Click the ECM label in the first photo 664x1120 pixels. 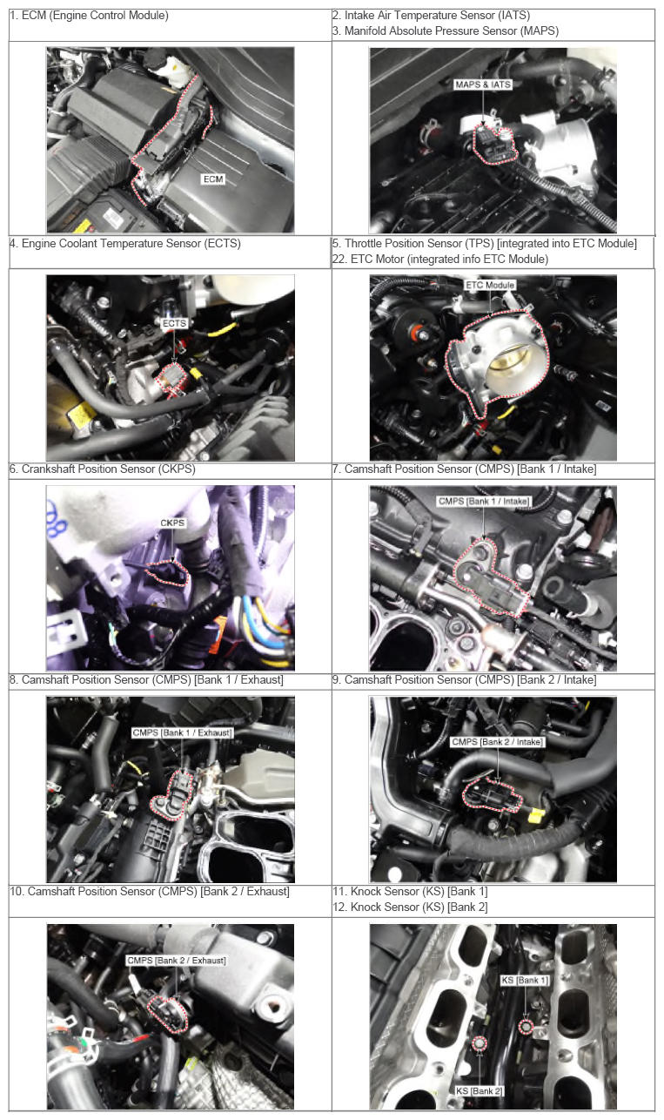pos(213,179)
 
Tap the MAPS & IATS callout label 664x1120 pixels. pos(483,84)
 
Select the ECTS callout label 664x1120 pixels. pos(174,323)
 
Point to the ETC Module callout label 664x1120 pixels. pos(490,285)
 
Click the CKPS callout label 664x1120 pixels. pos(172,523)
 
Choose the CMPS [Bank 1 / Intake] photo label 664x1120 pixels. pos(484,501)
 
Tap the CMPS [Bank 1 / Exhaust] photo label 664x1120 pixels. pos(183,732)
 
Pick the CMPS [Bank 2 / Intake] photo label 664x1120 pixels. pos(497,741)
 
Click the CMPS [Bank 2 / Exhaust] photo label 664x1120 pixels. pos(177,961)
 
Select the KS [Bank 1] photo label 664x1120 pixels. pos(525,981)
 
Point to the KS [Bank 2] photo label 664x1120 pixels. pos(480,1091)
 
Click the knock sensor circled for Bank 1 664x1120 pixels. pos(526,1027)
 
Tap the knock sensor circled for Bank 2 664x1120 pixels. pos(480,1044)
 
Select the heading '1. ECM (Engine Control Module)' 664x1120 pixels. pos(90,16)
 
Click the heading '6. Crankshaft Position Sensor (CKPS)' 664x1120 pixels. pos(103,469)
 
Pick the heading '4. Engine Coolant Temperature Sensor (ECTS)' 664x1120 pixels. pos(125,244)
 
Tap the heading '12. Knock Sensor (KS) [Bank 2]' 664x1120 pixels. pos(410,907)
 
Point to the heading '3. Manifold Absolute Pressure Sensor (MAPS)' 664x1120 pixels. pos(446,31)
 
